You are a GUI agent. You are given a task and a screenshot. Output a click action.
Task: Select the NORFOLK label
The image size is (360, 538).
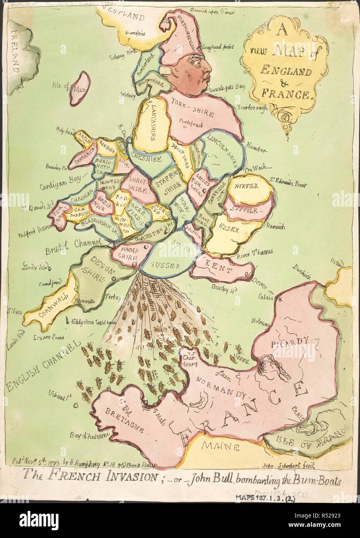point(246,186)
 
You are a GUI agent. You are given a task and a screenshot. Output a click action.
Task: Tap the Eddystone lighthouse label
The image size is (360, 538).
point(93,321)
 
